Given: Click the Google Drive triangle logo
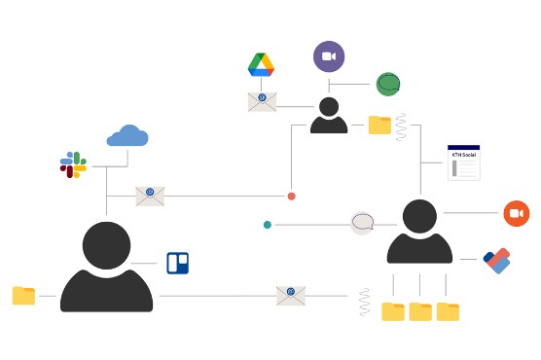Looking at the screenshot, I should [261, 65].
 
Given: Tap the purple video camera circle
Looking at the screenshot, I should [329, 56].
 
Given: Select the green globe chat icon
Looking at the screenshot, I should [388, 84].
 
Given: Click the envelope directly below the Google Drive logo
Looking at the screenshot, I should [262, 101].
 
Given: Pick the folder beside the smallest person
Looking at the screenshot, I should [379, 125].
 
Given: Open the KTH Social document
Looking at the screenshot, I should [463, 162].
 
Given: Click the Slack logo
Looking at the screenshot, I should [74, 164].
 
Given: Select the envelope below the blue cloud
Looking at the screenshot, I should [150, 196].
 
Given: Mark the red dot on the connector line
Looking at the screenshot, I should [291, 197].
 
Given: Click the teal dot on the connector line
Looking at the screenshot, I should [268, 225].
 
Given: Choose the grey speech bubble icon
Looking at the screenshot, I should [362, 223].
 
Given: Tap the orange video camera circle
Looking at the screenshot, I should [516, 213].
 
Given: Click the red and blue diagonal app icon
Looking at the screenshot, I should [496, 261].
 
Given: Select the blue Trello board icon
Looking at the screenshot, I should [177, 263].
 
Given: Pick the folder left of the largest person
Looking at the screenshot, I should [23, 296].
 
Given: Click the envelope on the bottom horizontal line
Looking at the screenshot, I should [291, 295].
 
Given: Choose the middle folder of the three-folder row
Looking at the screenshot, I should [420, 311].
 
